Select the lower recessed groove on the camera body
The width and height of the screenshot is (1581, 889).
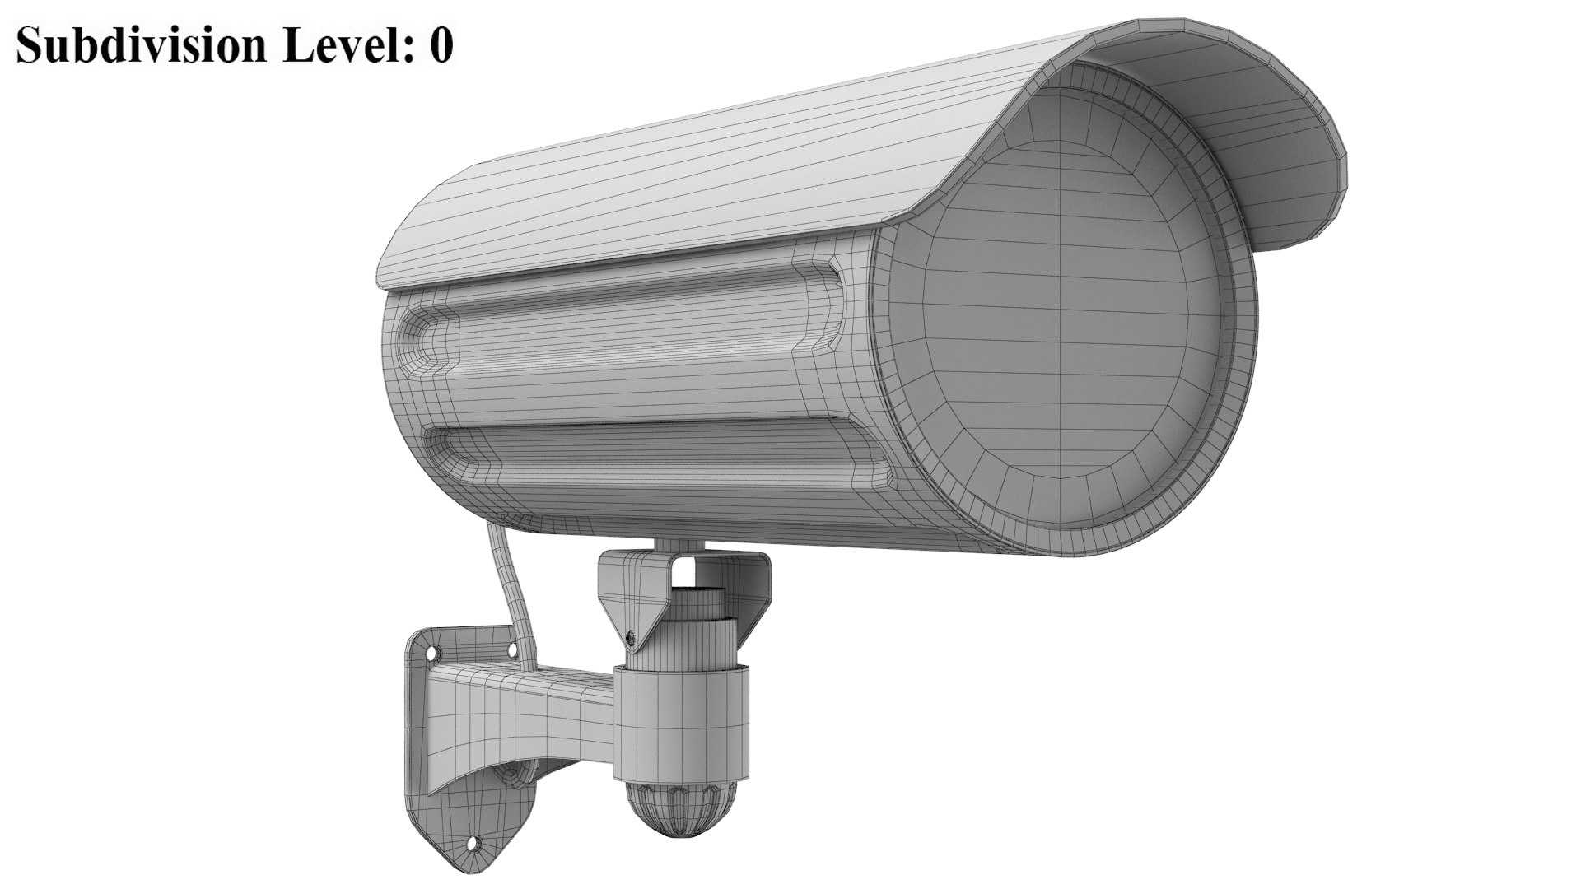tap(659, 461)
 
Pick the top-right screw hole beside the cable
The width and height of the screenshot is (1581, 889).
tap(515, 650)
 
